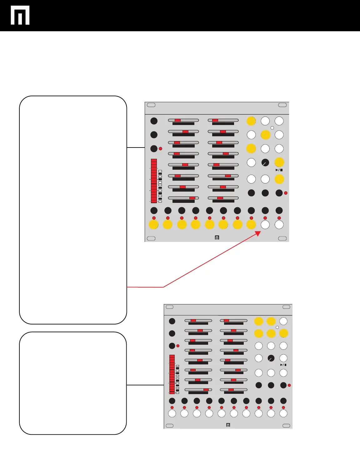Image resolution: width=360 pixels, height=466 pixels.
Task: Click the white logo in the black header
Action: point(20,15)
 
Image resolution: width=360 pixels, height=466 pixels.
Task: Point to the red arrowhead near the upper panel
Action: point(258,233)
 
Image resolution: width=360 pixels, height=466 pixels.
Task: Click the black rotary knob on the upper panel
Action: point(265,163)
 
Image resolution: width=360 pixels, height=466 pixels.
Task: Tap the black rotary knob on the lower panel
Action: point(271,358)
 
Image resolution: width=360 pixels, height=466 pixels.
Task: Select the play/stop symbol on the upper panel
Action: point(279,170)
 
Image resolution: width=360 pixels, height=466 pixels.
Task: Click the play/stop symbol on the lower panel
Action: point(283,365)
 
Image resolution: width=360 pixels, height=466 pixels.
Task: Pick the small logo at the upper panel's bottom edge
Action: point(217,238)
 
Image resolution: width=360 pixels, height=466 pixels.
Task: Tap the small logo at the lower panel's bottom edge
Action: point(228,425)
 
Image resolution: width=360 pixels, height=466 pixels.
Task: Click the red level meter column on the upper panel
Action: point(154,181)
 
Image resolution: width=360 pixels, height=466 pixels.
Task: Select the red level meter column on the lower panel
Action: point(172,374)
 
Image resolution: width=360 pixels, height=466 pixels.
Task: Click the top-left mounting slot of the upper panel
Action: point(151,105)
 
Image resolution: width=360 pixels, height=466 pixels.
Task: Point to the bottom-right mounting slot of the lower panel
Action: point(286,425)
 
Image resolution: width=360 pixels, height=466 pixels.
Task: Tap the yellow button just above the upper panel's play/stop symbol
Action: point(279,162)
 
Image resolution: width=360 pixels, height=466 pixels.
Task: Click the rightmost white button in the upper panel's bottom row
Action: point(279,224)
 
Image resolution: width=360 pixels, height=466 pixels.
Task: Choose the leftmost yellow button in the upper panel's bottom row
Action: point(154,224)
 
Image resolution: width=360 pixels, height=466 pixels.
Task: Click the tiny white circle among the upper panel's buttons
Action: point(272,128)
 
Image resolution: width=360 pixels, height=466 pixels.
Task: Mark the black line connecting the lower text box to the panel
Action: point(145,385)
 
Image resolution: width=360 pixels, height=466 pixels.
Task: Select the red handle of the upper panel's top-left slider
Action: point(177,120)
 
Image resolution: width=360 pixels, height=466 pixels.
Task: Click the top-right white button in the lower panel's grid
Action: point(283,321)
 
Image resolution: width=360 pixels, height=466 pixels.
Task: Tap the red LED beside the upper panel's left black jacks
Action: point(161,148)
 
